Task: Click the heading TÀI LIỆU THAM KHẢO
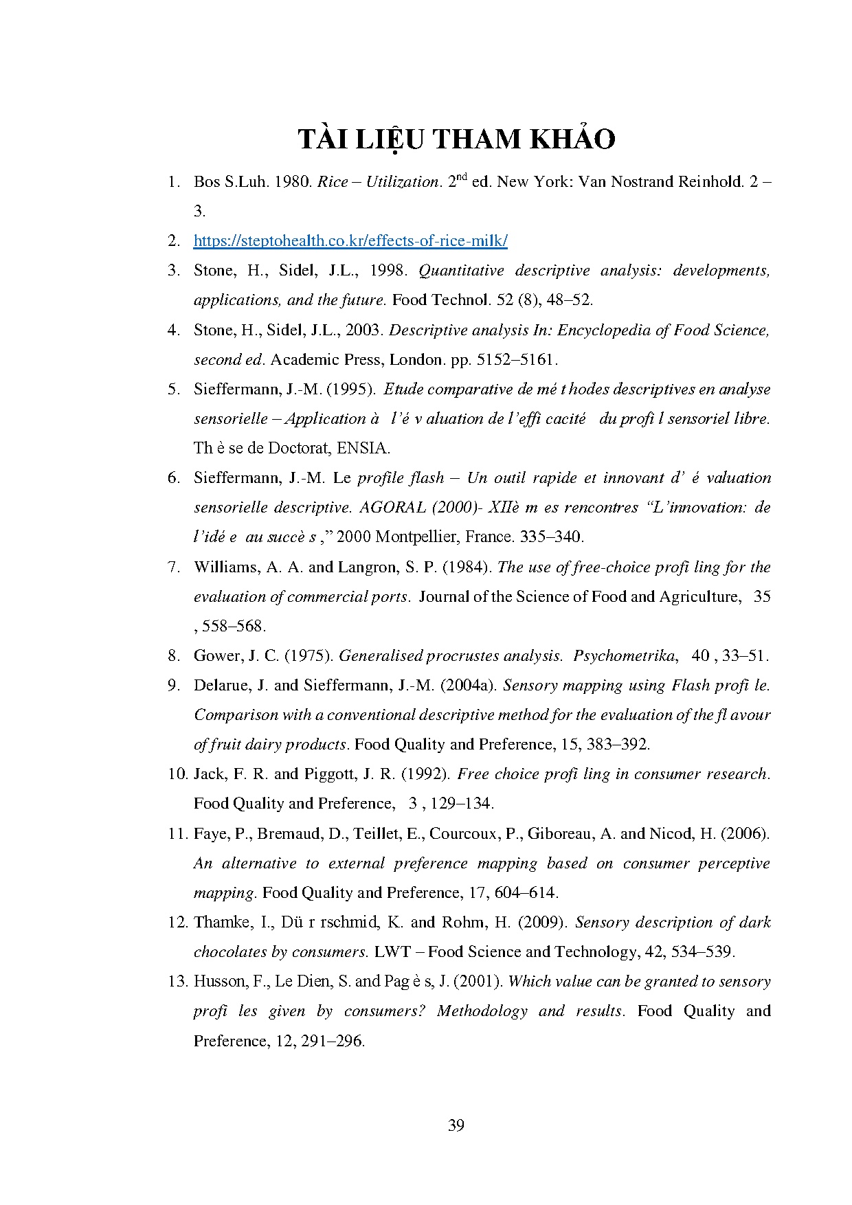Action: pos(456,139)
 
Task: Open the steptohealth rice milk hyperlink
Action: pos(350,240)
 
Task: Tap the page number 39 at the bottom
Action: pos(456,1125)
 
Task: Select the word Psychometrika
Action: pos(624,655)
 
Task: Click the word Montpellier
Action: pos(419,537)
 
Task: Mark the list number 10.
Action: pos(177,774)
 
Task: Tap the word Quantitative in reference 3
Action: pos(461,270)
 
